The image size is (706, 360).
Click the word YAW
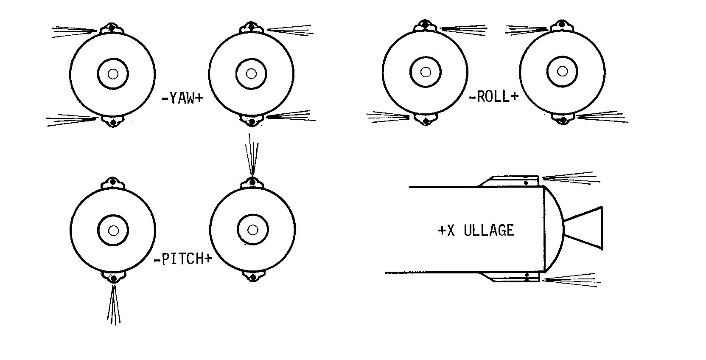[182, 98]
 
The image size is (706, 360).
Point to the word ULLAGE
[489, 230]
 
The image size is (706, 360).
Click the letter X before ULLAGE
[451, 231]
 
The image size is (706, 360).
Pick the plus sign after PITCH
[208, 259]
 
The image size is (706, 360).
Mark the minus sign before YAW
[165, 98]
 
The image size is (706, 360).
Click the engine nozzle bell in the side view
[583, 228]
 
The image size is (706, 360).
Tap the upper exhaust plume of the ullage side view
[571, 178]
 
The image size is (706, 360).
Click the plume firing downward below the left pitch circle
[114, 305]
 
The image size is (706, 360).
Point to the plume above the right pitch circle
[252, 154]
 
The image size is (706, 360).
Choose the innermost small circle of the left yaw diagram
[113, 74]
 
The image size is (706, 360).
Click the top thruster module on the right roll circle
[562, 25]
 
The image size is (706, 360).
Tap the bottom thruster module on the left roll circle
[426, 119]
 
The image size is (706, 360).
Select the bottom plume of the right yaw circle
[291, 116]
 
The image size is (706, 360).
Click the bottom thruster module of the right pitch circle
[253, 276]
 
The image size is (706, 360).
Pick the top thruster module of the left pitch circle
[113, 183]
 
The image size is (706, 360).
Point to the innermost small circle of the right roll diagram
[563, 72]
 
